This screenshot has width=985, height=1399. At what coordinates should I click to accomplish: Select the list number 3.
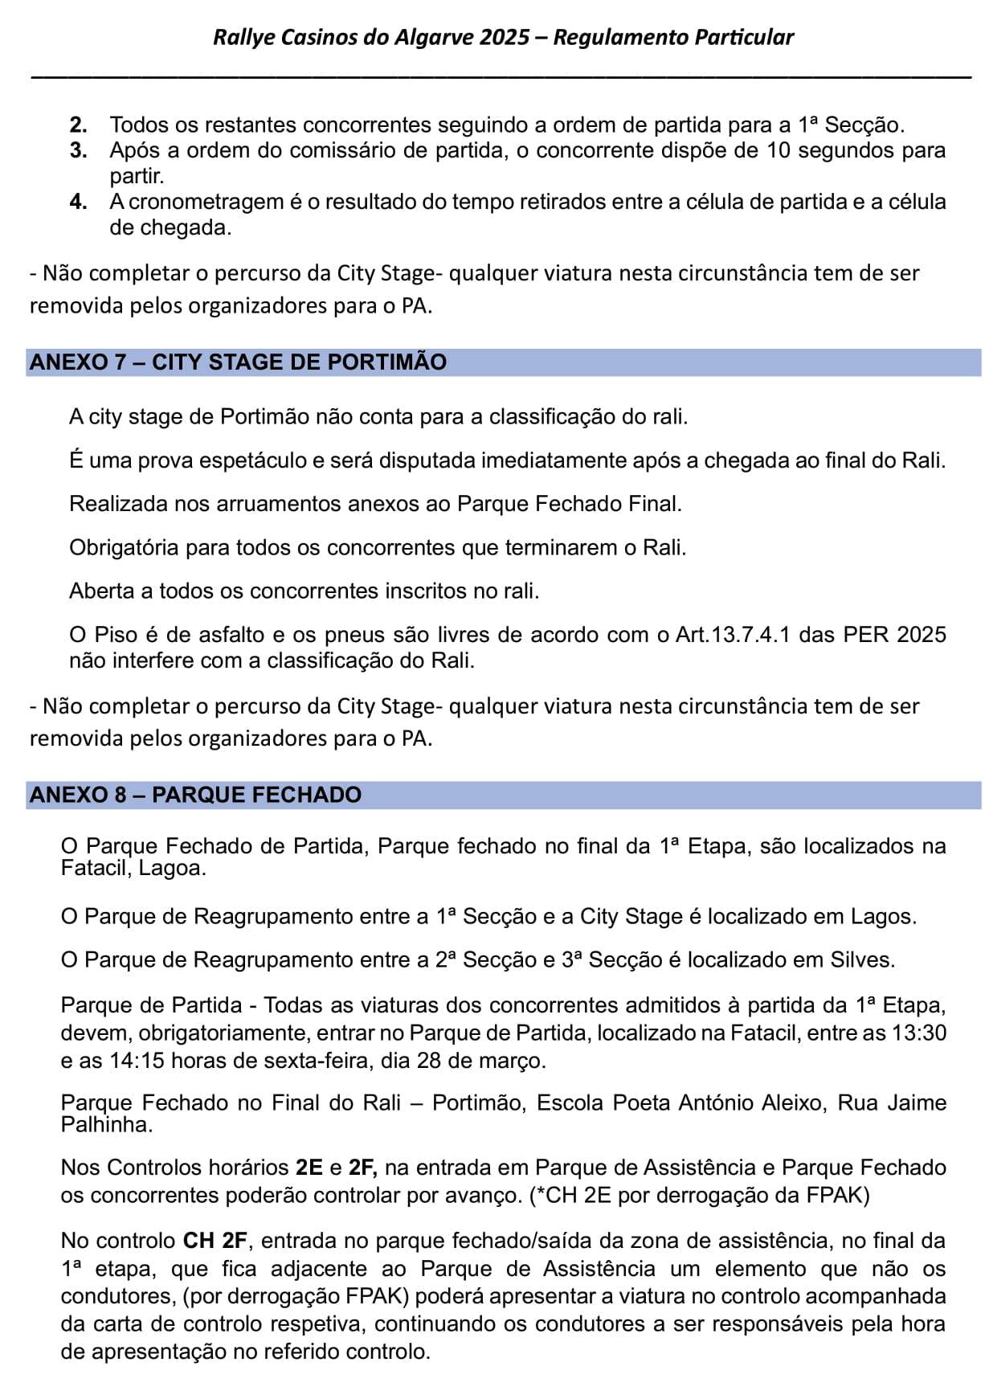[x=78, y=150]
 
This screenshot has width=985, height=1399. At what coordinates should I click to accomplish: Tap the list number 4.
[x=78, y=202]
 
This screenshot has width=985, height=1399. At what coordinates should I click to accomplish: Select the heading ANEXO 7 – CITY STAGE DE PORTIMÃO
[x=238, y=362]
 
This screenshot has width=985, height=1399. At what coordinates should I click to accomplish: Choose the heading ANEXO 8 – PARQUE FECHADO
[x=195, y=796]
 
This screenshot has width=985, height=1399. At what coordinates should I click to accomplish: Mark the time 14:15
[x=137, y=1061]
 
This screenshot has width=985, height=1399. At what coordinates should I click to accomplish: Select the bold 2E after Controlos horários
[x=309, y=1168]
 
